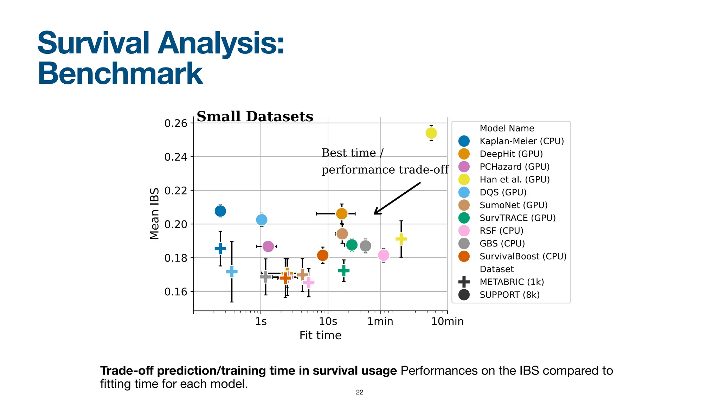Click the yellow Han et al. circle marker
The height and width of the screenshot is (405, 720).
tap(431, 133)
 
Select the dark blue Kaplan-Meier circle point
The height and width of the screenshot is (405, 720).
tap(220, 211)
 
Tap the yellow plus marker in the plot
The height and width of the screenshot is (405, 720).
tap(401, 239)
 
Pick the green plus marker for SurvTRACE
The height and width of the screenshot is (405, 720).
tap(343, 270)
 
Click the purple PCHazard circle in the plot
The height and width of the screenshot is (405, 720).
tap(268, 246)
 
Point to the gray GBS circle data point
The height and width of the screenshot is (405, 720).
tap(366, 246)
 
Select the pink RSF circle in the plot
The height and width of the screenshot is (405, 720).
tap(384, 255)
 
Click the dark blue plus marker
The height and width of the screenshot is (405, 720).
tap(220, 249)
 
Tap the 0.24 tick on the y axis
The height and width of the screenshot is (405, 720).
tap(175, 157)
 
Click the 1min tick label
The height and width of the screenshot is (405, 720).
tap(380, 321)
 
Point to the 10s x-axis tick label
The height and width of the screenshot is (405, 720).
tap(328, 321)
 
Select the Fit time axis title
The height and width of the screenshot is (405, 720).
tap(320, 335)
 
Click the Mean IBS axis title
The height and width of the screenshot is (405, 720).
tap(154, 214)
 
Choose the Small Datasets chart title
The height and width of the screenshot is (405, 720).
tap(255, 116)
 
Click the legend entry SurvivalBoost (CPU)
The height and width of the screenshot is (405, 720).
tap(523, 256)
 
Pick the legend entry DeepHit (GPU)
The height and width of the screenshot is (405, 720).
tap(511, 154)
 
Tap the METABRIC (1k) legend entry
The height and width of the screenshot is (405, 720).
tap(512, 282)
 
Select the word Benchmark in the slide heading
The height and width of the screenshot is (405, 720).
tap(120, 73)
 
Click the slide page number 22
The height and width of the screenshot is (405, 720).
tap(359, 392)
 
